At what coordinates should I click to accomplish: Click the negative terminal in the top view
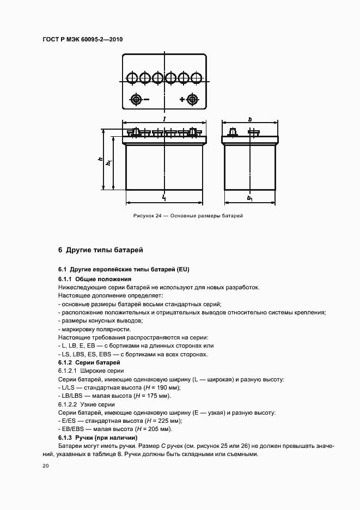coord(135,99)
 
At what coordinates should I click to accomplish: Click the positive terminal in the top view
coord(192,99)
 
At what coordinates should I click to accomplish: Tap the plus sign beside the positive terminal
coord(182,99)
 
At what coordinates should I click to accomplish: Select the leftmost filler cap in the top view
coord(132,78)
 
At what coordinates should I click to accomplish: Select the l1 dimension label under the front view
coord(164,198)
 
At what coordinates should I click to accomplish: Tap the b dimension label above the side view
coord(249,119)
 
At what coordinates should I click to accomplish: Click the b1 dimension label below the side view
coord(249,198)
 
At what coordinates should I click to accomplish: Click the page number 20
coord(46,466)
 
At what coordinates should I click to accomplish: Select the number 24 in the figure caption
coord(158,216)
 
